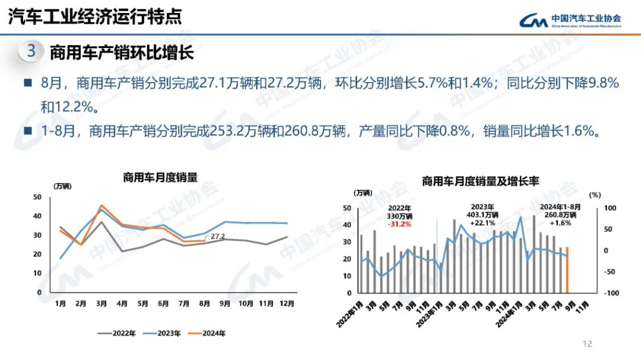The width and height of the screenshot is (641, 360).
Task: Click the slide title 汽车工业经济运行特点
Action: point(94,16)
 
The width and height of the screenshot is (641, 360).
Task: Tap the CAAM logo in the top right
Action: point(570,20)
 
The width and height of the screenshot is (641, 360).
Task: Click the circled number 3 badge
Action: point(31,51)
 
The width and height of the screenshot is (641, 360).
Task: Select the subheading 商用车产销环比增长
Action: point(122,52)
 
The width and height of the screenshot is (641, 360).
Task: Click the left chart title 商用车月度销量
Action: point(160,177)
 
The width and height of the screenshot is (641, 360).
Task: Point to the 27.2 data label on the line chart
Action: point(218,237)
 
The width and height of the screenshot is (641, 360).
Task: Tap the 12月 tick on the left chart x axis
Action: point(287,304)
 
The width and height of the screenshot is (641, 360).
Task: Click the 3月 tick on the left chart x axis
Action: point(101,304)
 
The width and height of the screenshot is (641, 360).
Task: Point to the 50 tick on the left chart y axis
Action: point(37,197)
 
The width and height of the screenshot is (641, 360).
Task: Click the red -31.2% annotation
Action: point(399,224)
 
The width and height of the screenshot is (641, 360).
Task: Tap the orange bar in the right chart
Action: point(567,270)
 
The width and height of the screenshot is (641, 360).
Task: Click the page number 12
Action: point(588,344)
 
